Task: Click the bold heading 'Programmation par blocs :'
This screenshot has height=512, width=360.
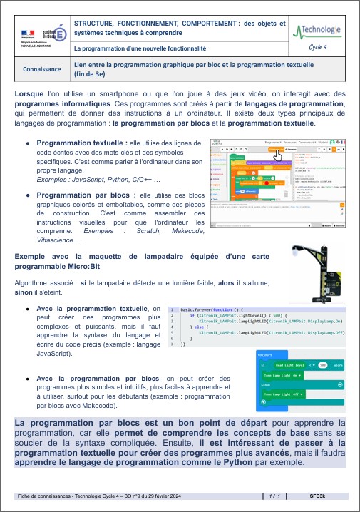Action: pos(77,195)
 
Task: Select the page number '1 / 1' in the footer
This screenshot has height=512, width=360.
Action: pos(277,495)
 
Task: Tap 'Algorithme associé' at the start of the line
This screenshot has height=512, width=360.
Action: pos(47,282)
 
